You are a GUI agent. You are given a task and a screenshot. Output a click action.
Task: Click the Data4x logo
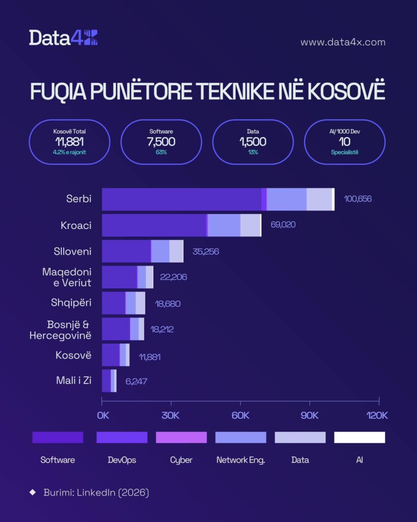[x=63, y=38]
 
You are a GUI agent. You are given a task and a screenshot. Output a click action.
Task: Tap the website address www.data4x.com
[x=343, y=42]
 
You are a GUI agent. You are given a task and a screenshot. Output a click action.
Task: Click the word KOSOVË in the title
[x=346, y=91]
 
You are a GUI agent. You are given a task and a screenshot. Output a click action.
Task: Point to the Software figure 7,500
[x=161, y=142]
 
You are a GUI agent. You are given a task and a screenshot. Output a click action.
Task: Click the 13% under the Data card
[x=253, y=152]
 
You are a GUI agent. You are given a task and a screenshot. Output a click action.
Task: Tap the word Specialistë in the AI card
[x=345, y=152]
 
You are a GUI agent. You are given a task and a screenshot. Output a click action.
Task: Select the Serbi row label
[x=79, y=199]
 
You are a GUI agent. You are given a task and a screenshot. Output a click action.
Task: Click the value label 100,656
[x=358, y=199]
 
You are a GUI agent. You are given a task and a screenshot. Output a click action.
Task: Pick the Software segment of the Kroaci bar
[x=154, y=225]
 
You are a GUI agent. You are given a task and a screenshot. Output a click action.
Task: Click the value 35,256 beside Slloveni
[x=206, y=251]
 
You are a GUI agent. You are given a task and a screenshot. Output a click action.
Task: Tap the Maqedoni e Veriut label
[x=67, y=277]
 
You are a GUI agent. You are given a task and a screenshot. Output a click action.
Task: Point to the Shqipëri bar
[x=123, y=303]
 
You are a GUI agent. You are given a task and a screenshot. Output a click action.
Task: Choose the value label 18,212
[x=158, y=329]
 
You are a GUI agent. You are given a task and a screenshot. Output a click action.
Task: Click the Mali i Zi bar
[x=109, y=381]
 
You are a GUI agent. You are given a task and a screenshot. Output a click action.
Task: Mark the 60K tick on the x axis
[x=240, y=415]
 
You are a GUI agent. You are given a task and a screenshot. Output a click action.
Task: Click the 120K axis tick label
[x=377, y=415]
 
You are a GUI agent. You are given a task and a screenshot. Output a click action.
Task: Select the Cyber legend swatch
[x=181, y=437]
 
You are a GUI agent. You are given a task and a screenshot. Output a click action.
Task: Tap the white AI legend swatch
[x=359, y=437]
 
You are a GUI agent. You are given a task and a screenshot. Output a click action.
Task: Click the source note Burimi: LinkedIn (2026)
[x=96, y=492]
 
